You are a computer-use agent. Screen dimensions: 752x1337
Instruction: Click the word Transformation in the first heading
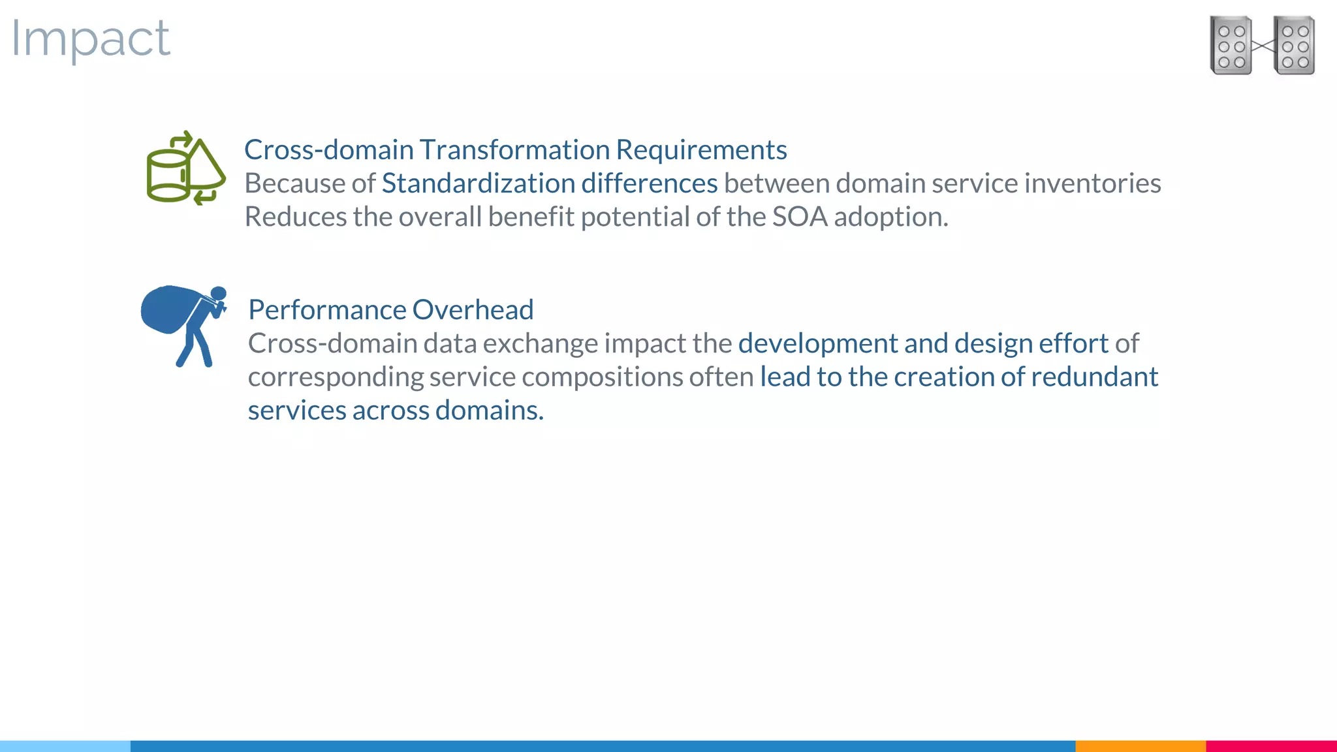(514, 150)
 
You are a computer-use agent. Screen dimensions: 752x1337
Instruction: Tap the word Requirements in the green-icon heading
(701, 150)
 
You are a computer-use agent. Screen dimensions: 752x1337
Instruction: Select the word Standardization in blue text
(478, 183)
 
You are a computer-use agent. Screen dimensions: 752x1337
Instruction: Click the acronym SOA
(799, 217)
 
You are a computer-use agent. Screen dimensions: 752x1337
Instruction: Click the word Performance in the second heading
(327, 310)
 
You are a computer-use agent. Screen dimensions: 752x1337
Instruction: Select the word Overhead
(473, 310)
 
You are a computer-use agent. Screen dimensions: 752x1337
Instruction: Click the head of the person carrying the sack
(219, 294)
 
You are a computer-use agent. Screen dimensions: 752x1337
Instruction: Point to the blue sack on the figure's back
(167, 309)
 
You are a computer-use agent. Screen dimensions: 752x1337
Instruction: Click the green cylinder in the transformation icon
(168, 175)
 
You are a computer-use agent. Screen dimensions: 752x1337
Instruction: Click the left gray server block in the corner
(1231, 46)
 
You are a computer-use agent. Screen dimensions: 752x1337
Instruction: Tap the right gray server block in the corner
(1294, 46)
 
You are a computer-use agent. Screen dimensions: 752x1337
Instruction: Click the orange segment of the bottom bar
(1140, 745)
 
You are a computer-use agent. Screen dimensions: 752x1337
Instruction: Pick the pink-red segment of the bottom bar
(1270, 745)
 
